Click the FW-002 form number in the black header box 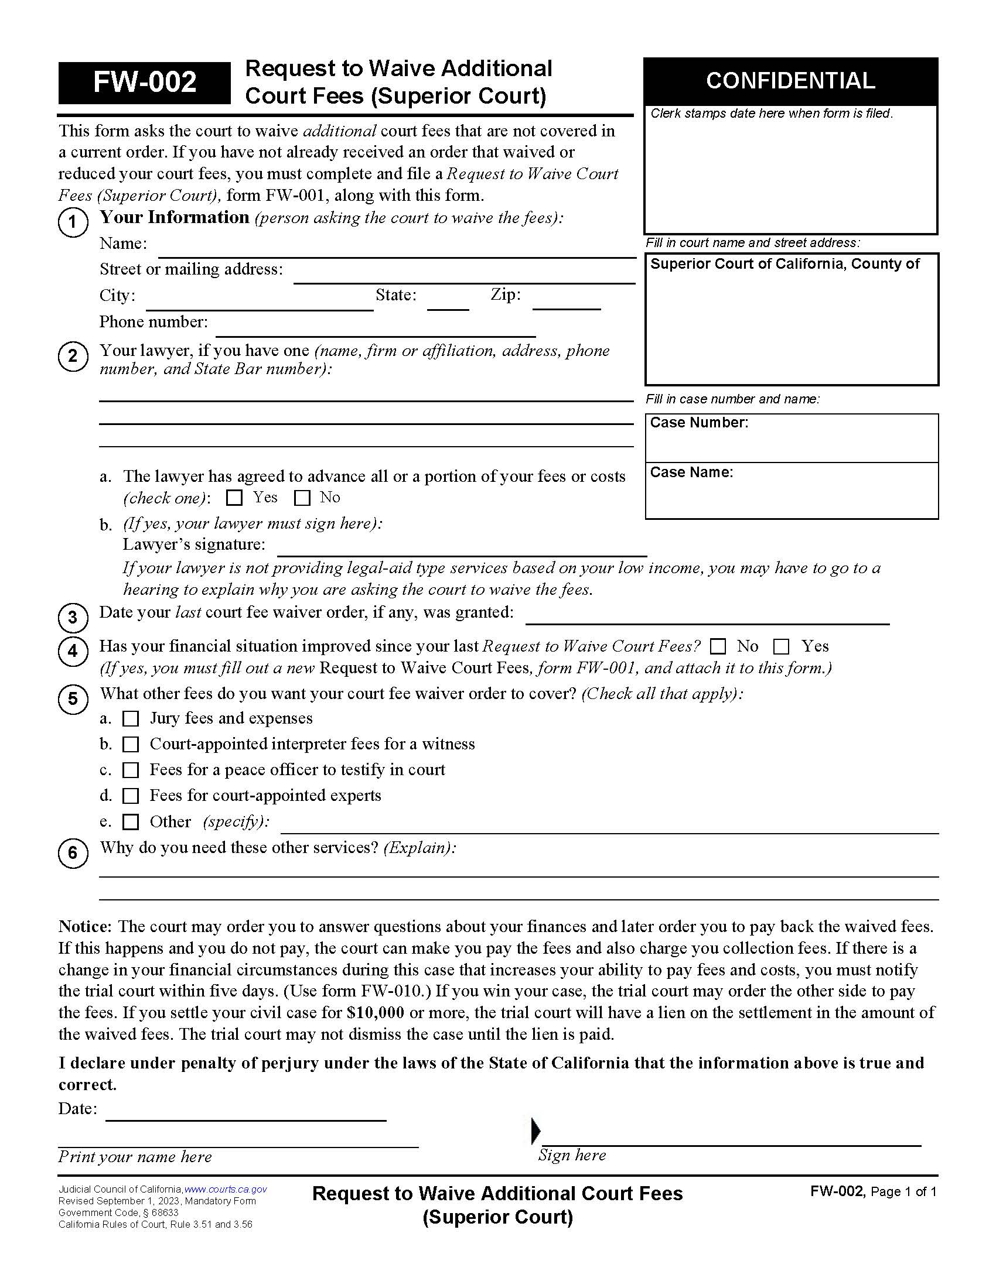145,83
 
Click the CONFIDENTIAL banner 790,81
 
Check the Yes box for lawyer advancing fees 234,498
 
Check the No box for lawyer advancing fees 302,498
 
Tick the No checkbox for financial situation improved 718,647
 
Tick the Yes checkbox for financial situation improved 781,647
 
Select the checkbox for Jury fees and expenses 131,719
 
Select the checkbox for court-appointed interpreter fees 131,745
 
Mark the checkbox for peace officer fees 131,771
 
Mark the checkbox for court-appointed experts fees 131,796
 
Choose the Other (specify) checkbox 131,822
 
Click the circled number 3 73,618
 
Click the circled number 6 73,853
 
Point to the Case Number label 698,423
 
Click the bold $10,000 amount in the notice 376,1013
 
